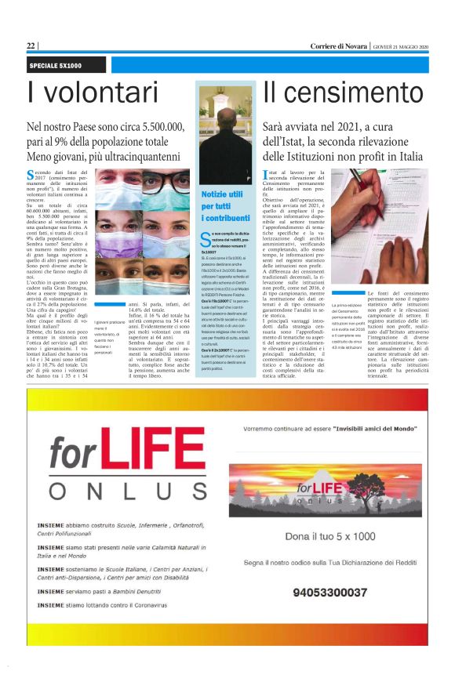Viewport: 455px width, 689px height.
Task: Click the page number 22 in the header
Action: pyautogui.click(x=31, y=46)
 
